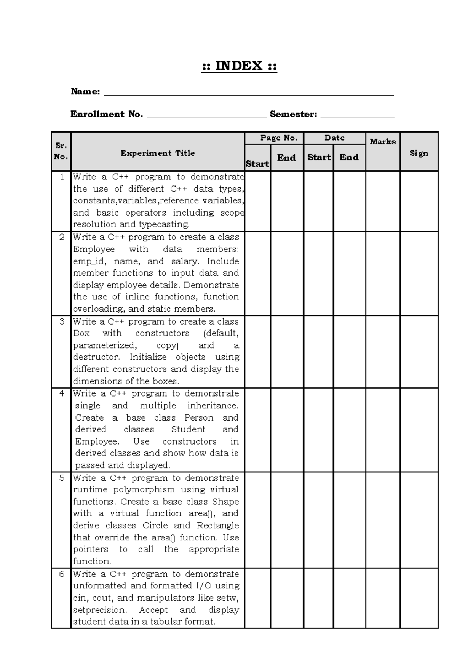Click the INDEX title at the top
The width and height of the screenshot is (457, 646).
pyautogui.click(x=239, y=66)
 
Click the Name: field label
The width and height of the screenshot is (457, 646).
pyautogui.click(x=85, y=91)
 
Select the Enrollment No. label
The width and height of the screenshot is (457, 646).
pyautogui.click(x=107, y=114)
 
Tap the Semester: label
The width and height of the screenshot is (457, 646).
pyautogui.click(x=293, y=114)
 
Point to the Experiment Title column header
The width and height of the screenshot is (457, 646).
pyautogui.click(x=158, y=153)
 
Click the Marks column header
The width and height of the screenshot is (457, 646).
pyautogui.click(x=383, y=142)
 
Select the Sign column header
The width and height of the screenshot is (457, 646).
pyautogui.click(x=419, y=153)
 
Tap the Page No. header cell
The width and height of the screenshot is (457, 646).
pyautogui.click(x=278, y=138)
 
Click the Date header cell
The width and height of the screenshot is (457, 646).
pyautogui.click(x=334, y=138)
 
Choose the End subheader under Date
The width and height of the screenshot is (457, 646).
pyautogui.click(x=349, y=157)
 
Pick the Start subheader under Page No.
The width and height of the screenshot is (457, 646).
pyautogui.click(x=257, y=164)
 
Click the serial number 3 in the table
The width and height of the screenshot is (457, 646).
pyautogui.click(x=62, y=321)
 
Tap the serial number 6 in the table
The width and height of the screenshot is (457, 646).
pyautogui.click(x=62, y=574)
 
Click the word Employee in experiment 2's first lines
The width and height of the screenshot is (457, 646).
pyautogui.click(x=94, y=249)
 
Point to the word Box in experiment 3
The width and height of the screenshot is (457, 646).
pyautogui.click(x=81, y=333)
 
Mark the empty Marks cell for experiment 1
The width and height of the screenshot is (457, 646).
pyautogui.click(x=383, y=201)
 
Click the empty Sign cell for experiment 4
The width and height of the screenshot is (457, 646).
pyautogui.click(x=419, y=430)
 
